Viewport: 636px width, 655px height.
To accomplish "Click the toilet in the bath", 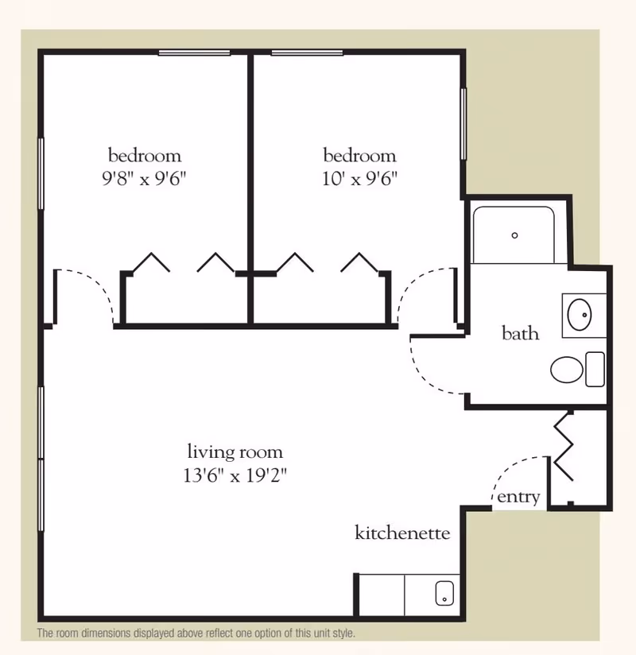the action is click(x=577, y=370).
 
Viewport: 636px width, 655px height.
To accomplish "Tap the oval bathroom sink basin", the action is click(x=580, y=315).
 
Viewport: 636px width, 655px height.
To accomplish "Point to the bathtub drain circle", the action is click(x=515, y=235).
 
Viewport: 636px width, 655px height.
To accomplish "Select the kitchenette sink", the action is click(x=444, y=593).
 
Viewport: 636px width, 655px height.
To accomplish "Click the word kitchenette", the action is click(x=402, y=533).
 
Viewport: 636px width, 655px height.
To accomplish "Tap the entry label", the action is click(x=518, y=497).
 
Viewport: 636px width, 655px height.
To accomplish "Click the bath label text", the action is click(x=520, y=333).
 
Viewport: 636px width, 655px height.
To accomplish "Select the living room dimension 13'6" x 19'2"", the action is click(x=235, y=475).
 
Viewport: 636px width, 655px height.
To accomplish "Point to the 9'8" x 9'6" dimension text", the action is click(x=144, y=179).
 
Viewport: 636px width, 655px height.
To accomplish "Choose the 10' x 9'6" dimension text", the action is click(x=359, y=179).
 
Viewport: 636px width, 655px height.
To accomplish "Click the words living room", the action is click(x=235, y=452).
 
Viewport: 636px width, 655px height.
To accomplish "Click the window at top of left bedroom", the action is click(x=194, y=53).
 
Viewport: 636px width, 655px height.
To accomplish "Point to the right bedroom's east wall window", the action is click(x=463, y=124).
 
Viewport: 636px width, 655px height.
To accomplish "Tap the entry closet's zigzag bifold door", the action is click(x=564, y=446).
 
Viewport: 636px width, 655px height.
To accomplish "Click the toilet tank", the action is click(x=595, y=370).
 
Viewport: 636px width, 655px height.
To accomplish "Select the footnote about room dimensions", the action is click(x=196, y=634).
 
